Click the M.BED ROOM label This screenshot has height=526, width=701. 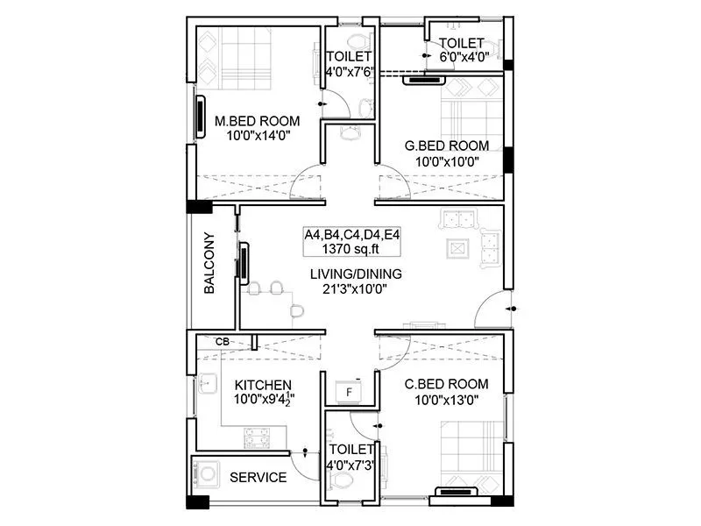(x=258, y=121)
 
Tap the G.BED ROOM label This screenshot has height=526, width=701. (x=446, y=146)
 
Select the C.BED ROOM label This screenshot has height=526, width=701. (x=446, y=384)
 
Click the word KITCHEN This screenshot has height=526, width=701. (x=263, y=385)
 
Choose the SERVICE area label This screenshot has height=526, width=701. (x=258, y=478)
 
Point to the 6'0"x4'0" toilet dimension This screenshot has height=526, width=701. (x=461, y=58)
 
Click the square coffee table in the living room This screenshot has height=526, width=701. (x=457, y=247)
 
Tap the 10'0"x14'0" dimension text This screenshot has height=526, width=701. (x=258, y=136)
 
